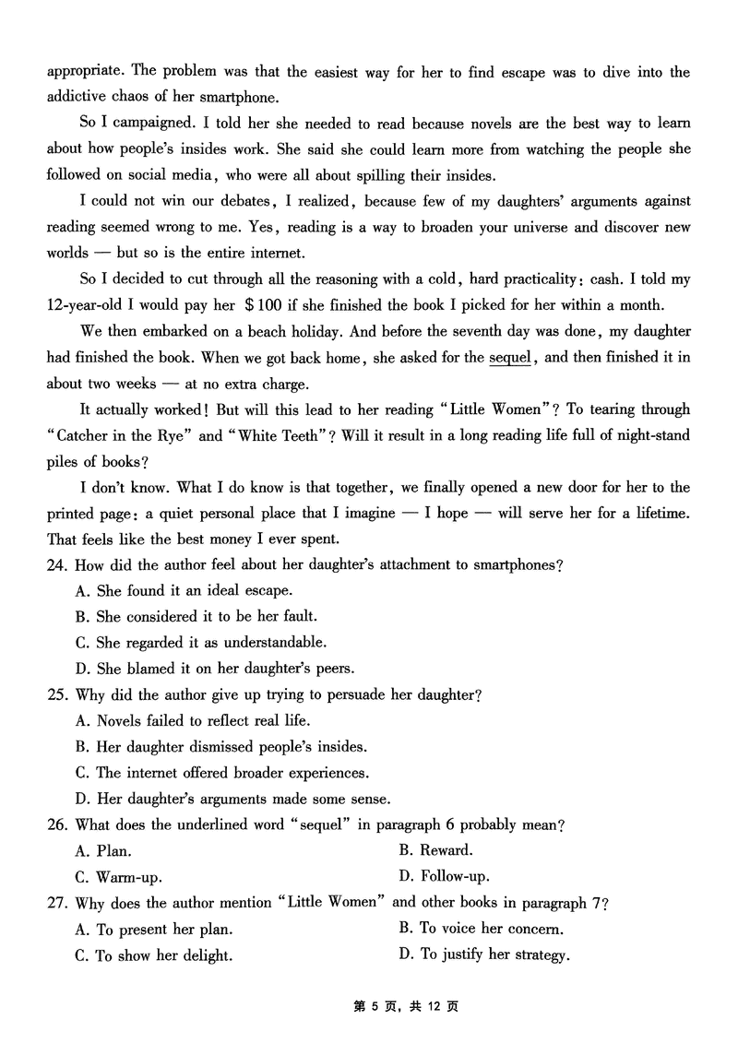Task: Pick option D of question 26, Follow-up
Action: (x=444, y=876)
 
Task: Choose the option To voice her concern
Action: (x=481, y=929)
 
